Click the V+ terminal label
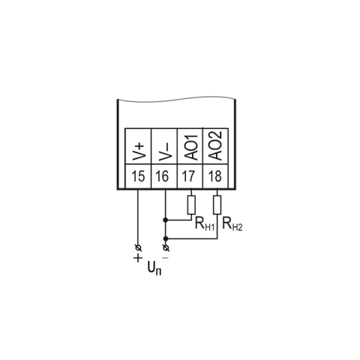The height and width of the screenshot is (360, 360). coord(139,151)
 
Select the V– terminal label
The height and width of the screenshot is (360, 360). coord(164,151)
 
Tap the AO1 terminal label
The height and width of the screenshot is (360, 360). coord(190,148)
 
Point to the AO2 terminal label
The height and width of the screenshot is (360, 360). coord(215,145)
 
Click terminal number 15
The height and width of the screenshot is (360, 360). coord(138,176)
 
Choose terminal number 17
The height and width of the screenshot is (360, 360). coord(188,176)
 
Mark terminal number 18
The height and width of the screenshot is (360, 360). coord(215,176)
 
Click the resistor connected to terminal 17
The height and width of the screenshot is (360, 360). coord(191,205)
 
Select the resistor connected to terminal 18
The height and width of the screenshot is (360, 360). coord(217,205)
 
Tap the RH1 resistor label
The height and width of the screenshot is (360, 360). coord(205,223)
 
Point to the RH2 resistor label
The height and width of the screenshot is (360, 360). coord(232,223)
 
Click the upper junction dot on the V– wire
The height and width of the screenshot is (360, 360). coord(165,220)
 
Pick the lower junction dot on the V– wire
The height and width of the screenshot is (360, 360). coord(165,238)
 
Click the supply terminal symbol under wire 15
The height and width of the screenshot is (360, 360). coord(138,248)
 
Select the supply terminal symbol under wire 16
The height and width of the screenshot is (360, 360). coord(166,248)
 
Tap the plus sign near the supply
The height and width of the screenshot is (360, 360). coord(138,258)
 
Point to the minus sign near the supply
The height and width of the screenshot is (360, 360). coord(166,258)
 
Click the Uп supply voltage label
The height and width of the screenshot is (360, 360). coord(154,268)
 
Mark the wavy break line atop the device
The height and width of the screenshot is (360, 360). coord(176,99)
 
